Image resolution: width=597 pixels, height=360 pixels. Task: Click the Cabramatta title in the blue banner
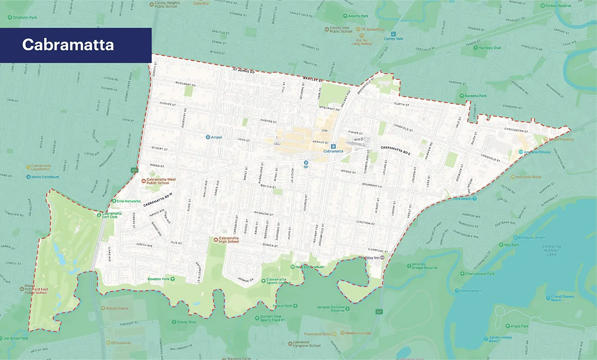coord(68,45)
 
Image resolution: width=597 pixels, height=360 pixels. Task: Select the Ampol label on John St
coord(215,137)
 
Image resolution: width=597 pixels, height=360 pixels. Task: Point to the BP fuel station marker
coord(305,162)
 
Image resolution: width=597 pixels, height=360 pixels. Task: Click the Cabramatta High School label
coord(229,239)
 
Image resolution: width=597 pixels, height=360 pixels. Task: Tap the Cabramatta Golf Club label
coord(111,216)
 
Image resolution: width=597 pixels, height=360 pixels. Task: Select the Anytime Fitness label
coord(537,152)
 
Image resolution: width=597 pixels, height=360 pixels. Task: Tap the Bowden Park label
coord(159,279)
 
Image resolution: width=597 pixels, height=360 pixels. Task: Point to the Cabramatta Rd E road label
coord(394,150)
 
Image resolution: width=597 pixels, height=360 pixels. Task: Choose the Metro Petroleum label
coord(45,177)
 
